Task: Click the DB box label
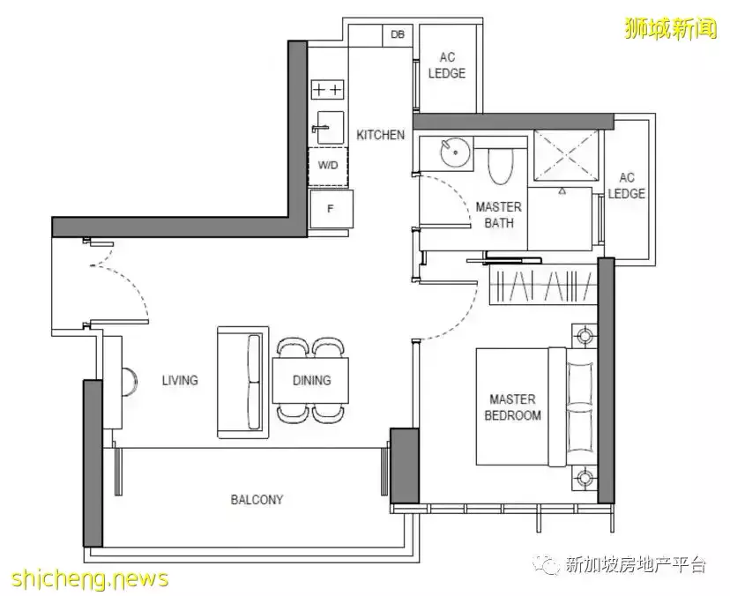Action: pyautogui.click(x=397, y=34)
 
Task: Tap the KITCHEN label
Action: pyautogui.click(x=380, y=135)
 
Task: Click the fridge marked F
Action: pyautogui.click(x=331, y=209)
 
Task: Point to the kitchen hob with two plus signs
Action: pyautogui.click(x=328, y=89)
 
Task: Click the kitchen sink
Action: pyautogui.click(x=329, y=127)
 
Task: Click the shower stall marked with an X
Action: pyautogui.click(x=566, y=153)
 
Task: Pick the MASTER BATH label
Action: pyautogui.click(x=499, y=214)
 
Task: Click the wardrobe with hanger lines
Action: pyautogui.click(x=543, y=285)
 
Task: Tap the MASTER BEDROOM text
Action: pyautogui.click(x=512, y=407)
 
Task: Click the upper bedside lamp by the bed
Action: pyautogui.click(x=584, y=335)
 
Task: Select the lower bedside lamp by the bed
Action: pyautogui.click(x=584, y=477)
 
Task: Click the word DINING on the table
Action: pyautogui.click(x=312, y=380)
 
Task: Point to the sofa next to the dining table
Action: pyautogui.click(x=243, y=382)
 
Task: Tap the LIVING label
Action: pyautogui.click(x=180, y=380)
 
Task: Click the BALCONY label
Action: pyautogui.click(x=257, y=500)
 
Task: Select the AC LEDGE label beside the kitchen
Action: pyautogui.click(x=447, y=65)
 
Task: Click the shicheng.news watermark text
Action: pyautogui.click(x=90, y=578)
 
